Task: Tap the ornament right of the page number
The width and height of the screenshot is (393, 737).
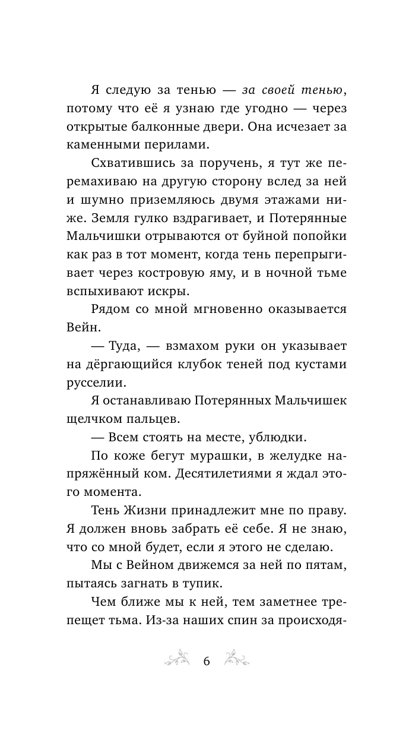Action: click(240, 660)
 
